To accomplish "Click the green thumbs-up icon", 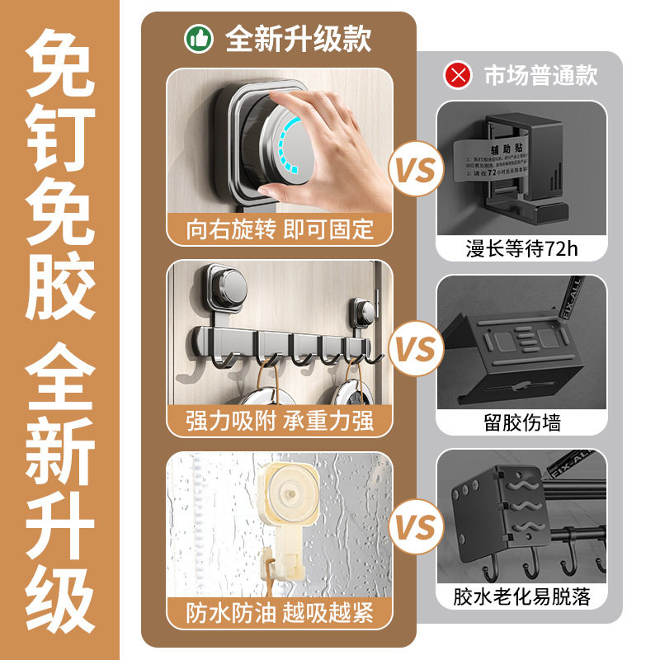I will click(198, 38).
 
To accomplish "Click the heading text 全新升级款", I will click(298, 38).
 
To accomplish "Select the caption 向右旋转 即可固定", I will click(279, 229).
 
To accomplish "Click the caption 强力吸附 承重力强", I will click(279, 421).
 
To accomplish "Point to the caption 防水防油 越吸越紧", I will click(279, 613).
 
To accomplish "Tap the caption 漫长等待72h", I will click(521, 247).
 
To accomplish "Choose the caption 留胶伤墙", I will click(521, 423).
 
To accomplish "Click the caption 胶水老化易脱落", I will click(521, 596).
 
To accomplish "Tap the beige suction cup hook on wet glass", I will click(290, 503).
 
